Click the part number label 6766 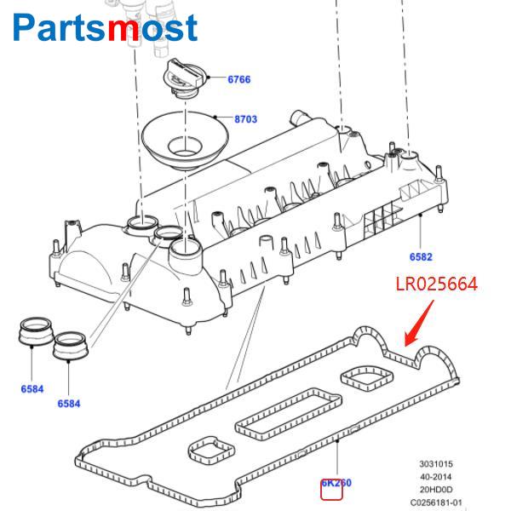point(238,79)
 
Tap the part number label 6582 point(421,255)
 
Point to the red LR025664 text point(435,284)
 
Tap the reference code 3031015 point(434,464)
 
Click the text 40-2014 point(434,476)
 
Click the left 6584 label point(32,389)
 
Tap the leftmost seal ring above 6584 point(35,331)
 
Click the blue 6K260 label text point(336,483)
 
